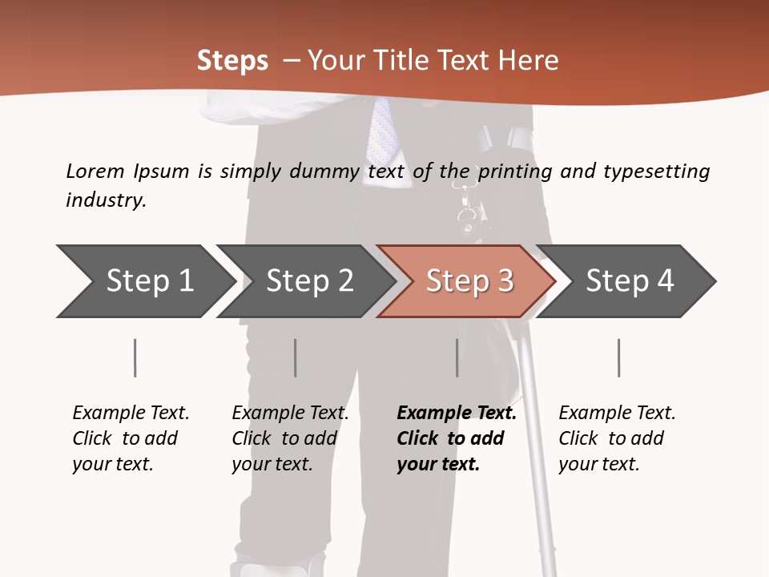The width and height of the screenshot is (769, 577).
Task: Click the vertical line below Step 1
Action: (135, 357)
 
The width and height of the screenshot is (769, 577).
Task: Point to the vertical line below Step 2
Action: (295, 357)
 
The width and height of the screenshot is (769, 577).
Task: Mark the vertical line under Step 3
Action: (457, 357)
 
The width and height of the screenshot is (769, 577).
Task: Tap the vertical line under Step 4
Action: (618, 357)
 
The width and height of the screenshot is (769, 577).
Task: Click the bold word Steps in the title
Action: (232, 61)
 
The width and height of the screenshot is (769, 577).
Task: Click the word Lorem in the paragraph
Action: (95, 171)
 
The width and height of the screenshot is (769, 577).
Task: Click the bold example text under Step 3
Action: (456, 438)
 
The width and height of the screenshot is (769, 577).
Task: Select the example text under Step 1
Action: (131, 438)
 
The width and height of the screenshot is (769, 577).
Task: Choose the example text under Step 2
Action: (290, 438)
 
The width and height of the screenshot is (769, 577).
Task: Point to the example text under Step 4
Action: (617, 438)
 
